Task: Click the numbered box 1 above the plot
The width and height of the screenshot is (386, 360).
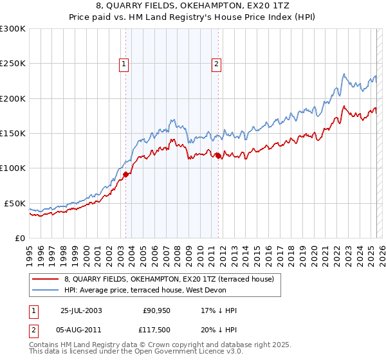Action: tap(123, 64)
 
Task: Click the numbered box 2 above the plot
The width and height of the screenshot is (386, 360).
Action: tap(216, 64)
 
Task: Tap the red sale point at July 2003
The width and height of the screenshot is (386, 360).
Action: tap(126, 174)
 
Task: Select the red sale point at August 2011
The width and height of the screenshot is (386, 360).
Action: tap(218, 156)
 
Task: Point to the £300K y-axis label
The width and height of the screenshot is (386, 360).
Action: tap(13, 29)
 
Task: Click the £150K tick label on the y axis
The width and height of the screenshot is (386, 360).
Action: tap(13, 133)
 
